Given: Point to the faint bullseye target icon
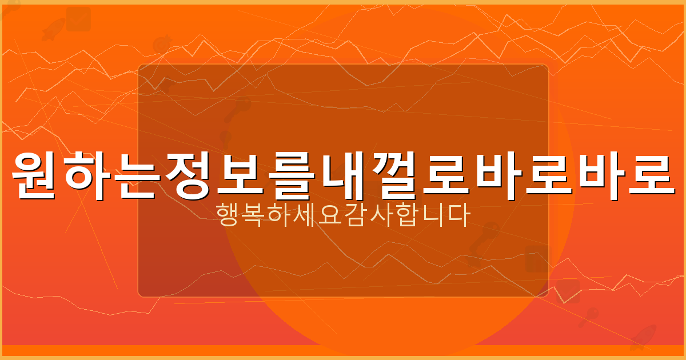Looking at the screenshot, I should click(x=161, y=45).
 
